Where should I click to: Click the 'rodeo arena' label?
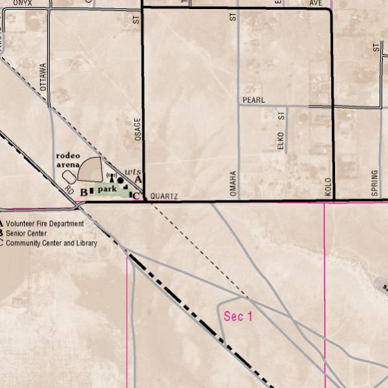pyautogui.click(x=68, y=160)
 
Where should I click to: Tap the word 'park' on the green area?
pyautogui.click(x=107, y=189)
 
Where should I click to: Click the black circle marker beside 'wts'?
pyautogui.click(x=120, y=180)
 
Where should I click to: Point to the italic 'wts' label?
pyautogui.click(x=132, y=171)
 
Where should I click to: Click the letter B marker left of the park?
pyautogui.click(x=83, y=192)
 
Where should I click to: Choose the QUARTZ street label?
pyautogui.click(x=164, y=195)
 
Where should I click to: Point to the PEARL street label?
pyautogui.click(x=253, y=100)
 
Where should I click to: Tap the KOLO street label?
pyautogui.click(x=328, y=186)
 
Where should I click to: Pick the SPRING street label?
pyautogui.click(x=374, y=183)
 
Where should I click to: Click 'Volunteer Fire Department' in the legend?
pyautogui.click(x=45, y=224)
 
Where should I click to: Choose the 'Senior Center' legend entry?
pyautogui.click(x=27, y=233)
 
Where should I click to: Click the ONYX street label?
pyautogui.click(x=22, y=3)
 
